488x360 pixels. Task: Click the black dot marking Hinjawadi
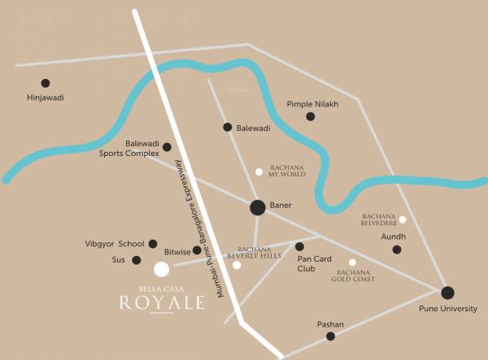46,83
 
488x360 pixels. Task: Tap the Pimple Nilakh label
312,104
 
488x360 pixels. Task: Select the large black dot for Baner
257,207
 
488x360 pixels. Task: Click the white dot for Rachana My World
259,171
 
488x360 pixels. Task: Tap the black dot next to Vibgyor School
153,243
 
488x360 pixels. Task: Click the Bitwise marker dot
197,250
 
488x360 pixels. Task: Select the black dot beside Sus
137,260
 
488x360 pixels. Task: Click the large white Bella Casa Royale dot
162,269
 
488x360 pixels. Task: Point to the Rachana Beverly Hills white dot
237,265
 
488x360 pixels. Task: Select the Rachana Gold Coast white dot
352,262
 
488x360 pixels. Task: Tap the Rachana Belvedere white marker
402,219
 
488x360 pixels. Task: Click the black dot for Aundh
397,249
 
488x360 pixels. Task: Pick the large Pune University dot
447,293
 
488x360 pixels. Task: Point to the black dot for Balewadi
228,127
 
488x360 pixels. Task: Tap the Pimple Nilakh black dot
310,116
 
